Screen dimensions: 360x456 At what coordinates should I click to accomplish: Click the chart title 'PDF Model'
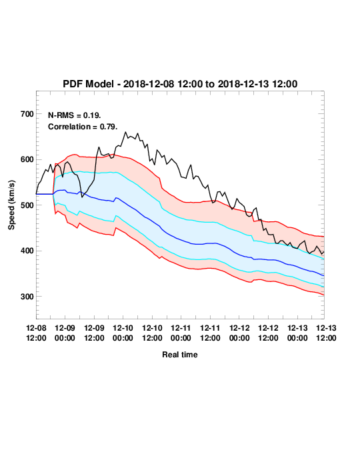(88, 84)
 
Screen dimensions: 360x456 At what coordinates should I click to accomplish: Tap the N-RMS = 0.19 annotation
(75, 115)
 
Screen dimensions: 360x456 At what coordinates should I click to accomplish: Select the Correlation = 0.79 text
(83, 127)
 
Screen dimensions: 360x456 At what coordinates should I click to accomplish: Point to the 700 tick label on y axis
(27, 114)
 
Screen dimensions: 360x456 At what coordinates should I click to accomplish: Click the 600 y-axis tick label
(27, 159)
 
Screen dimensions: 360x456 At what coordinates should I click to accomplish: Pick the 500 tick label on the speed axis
(27, 205)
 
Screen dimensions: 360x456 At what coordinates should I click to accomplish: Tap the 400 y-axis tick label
(27, 251)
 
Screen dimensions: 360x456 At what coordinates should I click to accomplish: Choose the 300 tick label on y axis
(27, 297)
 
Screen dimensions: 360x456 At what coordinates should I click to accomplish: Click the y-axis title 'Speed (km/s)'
(11, 205)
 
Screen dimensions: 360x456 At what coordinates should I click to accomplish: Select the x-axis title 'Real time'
(180, 355)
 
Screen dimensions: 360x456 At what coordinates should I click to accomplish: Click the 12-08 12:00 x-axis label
(36, 333)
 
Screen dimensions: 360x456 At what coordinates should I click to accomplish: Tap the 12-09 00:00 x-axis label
(65, 333)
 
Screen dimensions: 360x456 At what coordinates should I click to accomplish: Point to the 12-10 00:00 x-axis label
(123, 333)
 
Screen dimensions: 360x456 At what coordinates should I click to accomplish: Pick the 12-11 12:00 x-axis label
(210, 333)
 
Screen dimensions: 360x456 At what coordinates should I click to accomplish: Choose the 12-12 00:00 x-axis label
(239, 333)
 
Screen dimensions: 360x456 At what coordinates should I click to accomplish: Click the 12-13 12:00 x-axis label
(326, 333)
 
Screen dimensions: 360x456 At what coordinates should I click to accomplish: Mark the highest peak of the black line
(125, 132)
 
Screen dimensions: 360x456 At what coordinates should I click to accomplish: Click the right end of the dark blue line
(324, 275)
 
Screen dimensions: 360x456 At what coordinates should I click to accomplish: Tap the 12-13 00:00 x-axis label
(297, 333)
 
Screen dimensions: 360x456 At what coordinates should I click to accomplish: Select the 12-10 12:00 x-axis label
(152, 333)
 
